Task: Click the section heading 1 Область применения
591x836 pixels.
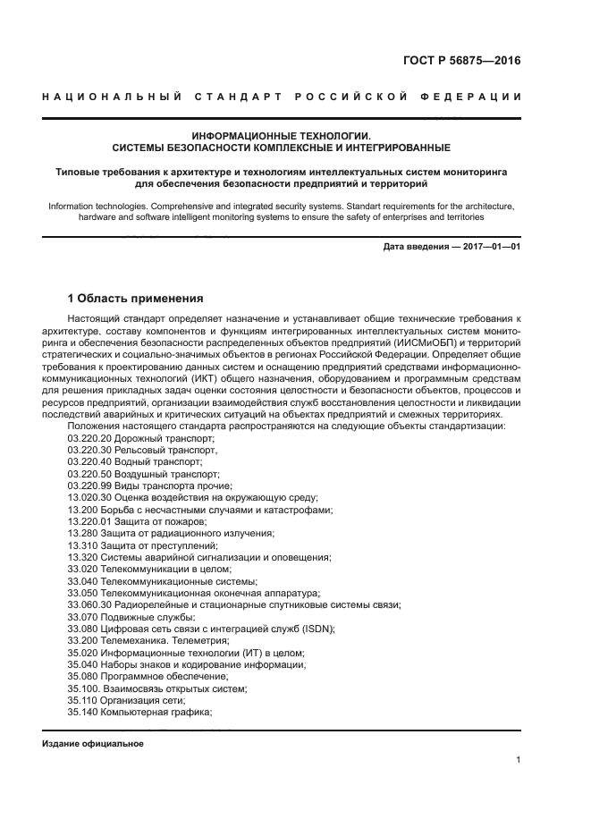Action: point(136,298)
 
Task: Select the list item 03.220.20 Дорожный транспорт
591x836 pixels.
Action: point(141,439)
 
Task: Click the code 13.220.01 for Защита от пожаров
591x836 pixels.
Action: point(88,520)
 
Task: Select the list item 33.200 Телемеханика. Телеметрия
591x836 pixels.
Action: point(148,641)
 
